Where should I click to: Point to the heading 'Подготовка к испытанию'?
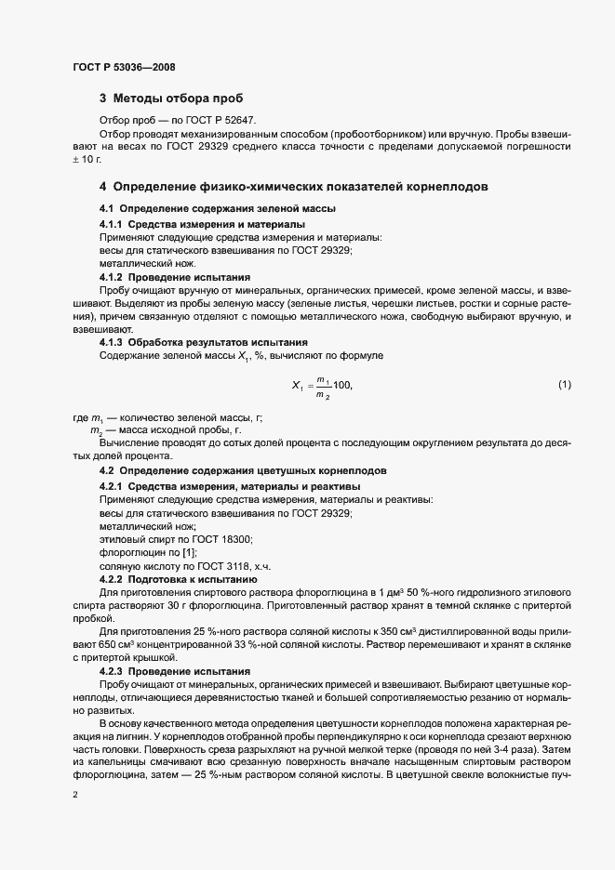(x=193, y=579)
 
